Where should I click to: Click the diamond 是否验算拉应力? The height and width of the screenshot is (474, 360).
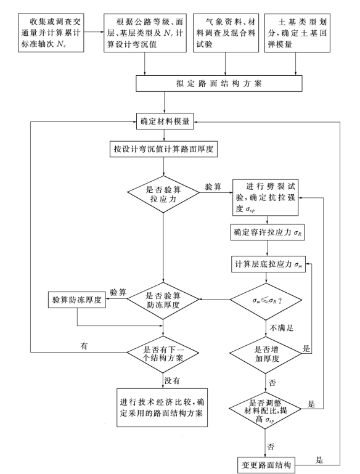[163, 195]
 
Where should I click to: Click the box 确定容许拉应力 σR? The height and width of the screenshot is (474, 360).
[267, 233]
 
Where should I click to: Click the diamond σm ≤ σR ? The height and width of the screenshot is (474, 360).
[267, 301]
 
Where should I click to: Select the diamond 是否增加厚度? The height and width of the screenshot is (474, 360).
[267, 354]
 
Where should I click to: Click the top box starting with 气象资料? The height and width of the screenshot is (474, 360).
[226, 28]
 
